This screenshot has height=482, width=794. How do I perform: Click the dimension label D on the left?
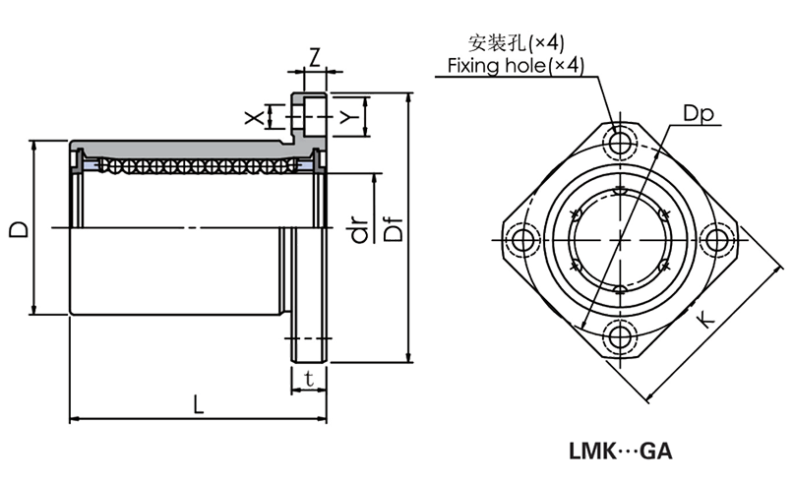pyautogui.click(x=18, y=228)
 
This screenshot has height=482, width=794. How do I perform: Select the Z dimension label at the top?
pyautogui.click(x=313, y=56)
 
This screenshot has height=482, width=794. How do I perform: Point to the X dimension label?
pyautogui.click(x=255, y=118)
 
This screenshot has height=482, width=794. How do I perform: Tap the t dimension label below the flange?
pyautogui.click(x=309, y=378)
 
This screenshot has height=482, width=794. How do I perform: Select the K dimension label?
pyautogui.click(x=704, y=320)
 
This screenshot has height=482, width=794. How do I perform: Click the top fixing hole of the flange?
pyautogui.click(x=620, y=144)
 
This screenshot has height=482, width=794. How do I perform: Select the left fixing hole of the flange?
pyautogui.click(x=520, y=240)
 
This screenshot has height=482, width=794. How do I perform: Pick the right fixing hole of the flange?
pyautogui.click(x=719, y=240)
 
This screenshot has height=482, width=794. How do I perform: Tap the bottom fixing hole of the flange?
pyautogui.click(x=620, y=337)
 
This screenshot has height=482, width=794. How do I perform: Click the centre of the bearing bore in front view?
pyautogui.click(x=620, y=240)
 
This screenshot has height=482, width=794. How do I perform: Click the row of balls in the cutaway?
pyautogui.click(x=197, y=163)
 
